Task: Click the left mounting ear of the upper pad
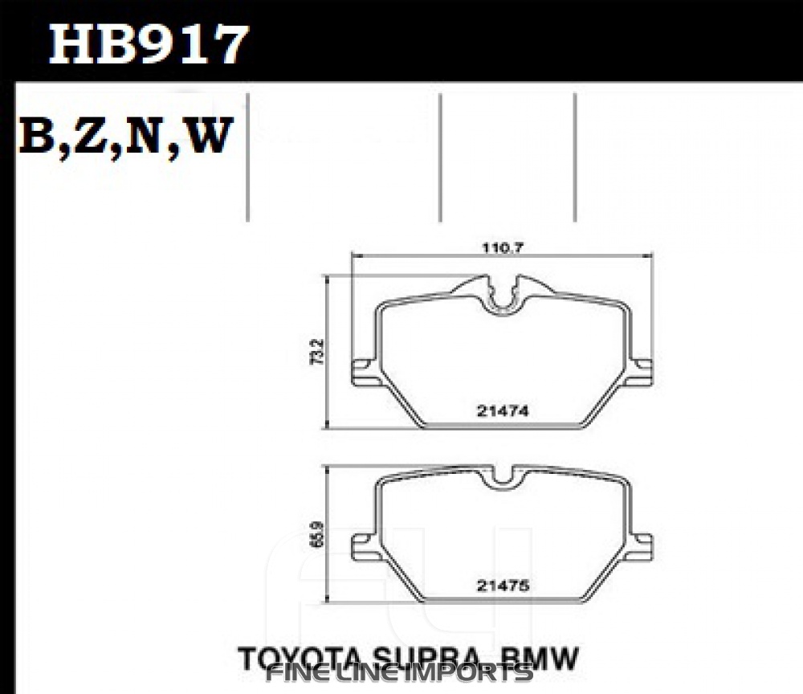pyautogui.click(x=363, y=372)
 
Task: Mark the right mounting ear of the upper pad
pyautogui.click(x=642, y=372)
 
